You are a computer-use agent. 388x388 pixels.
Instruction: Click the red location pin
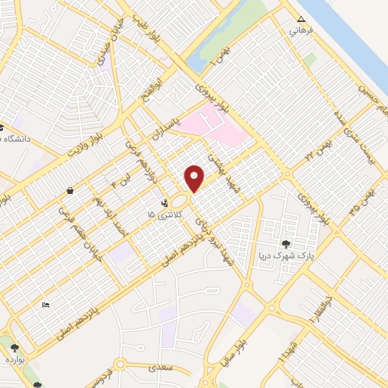195,178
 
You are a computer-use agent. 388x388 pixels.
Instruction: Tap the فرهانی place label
296,32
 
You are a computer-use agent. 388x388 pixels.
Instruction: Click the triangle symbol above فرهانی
301,19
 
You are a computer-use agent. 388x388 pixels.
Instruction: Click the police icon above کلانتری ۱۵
164,203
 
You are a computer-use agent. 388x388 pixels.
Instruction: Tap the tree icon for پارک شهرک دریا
285,244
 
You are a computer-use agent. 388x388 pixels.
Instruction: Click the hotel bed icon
45,305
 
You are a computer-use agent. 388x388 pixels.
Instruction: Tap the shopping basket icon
70,191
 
